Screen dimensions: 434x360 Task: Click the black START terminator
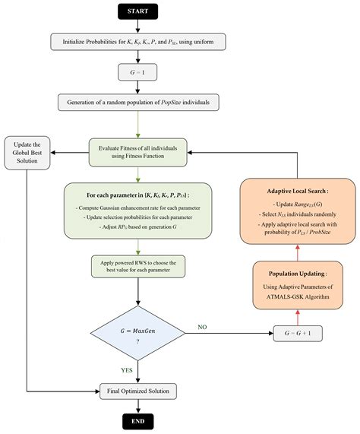(137, 12)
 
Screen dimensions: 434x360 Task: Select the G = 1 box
(137, 72)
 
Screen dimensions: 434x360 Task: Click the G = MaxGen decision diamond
(137, 334)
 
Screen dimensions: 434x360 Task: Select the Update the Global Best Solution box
(28, 151)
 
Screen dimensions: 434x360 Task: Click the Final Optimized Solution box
(137, 391)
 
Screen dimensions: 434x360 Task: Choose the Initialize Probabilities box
(137, 43)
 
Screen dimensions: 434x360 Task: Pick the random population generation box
(137, 103)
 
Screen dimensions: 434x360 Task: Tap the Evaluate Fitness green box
(137, 151)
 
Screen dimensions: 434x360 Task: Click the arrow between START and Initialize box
(137, 27)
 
